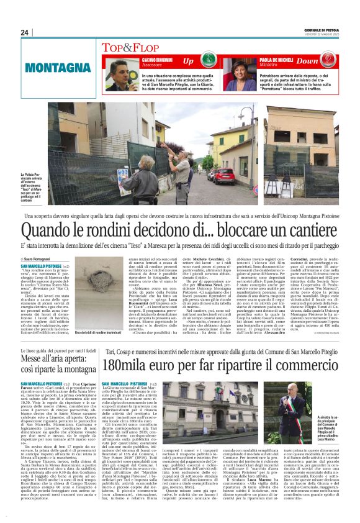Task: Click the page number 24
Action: (24, 32)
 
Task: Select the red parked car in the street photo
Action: (225, 176)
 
